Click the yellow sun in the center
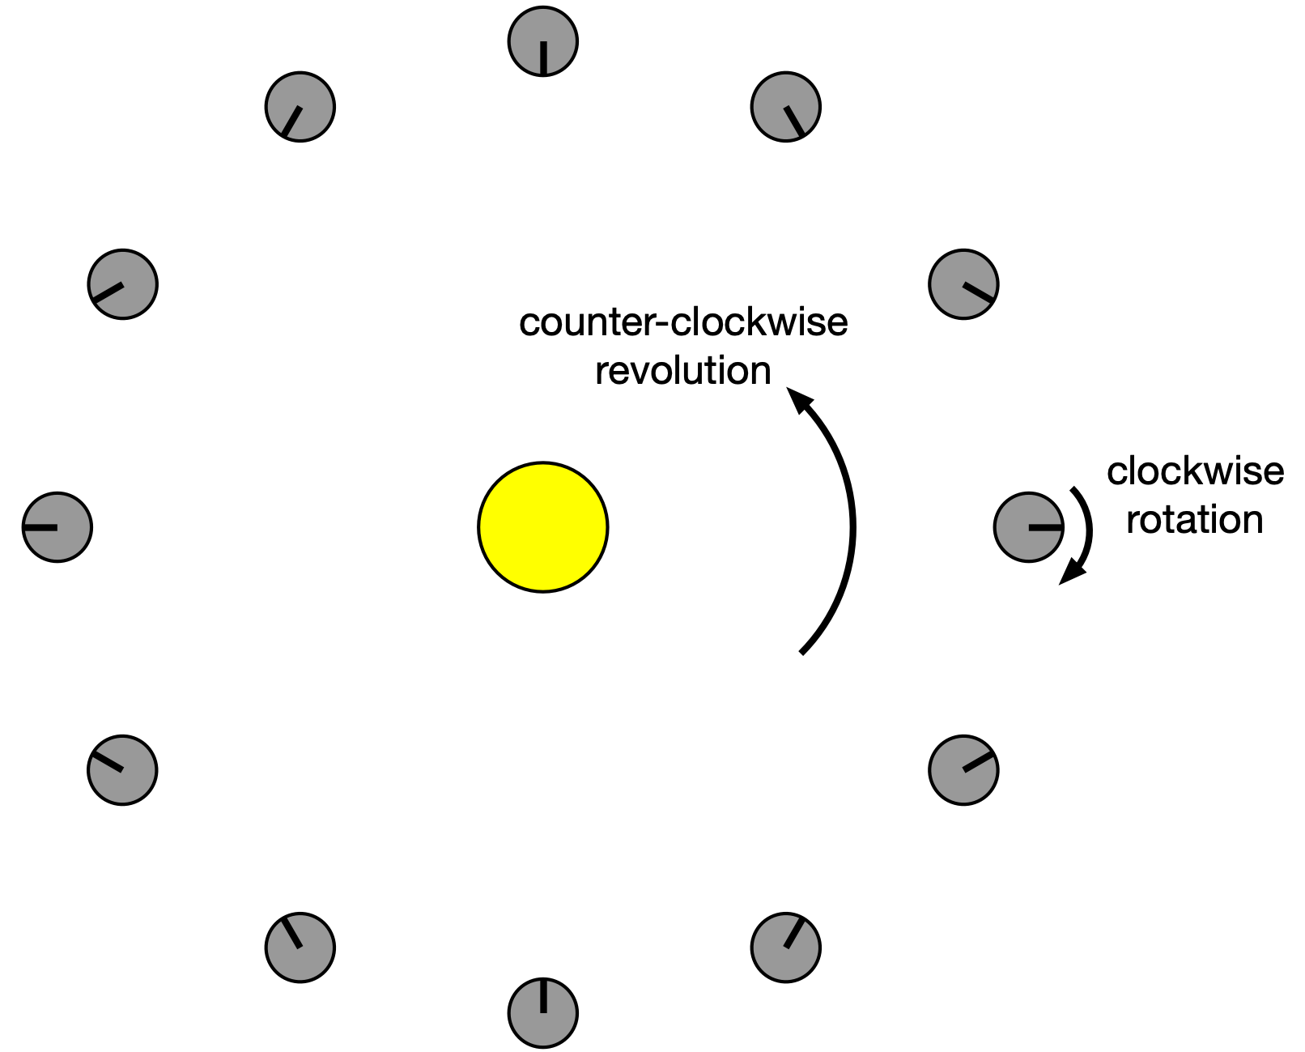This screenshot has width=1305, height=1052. pyautogui.click(x=542, y=527)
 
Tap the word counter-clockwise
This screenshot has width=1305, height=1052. pyautogui.click(x=682, y=323)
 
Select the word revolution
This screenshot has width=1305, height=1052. pyautogui.click(x=682, y=372)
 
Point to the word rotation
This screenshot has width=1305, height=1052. pyautogui.click(x=1194, y=520)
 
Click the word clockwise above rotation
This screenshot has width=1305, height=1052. pyautogui.click(x=1195, y=471)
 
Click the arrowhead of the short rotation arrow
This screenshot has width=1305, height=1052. pyautogui.click(x=1073, y=573)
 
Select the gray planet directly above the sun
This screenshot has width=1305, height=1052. pyautogui.click(x=542, y=41)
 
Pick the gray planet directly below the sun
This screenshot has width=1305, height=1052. pyautogui.click(x=542, y=1012)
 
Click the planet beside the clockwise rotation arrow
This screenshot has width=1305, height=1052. pyautogui.click(x=1028, y=527)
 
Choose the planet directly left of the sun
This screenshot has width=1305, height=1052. pyautogui.click(x=57, y=527)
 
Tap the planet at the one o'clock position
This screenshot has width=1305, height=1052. pyautogui.click(x=785, y=107)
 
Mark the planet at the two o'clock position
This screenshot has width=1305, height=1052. pyautogui.click(x=963, y=284)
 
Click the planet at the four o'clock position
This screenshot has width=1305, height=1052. pyautogui.click(x=963, y=770)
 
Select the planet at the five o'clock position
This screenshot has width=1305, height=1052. pyautogui.click(x=785, y=948)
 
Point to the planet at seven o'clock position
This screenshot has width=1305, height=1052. pyautogui.click(x=300, y=948)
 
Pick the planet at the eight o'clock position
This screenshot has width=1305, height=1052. pyautogui.click(x=122, y=770)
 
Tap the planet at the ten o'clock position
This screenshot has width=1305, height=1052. pyautogui.click(x=122, y=284)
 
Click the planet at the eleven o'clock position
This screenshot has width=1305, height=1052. pyautogui.click(x=300, y=107)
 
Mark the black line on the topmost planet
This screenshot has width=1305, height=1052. pyautogui.click(x=542, y=57)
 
